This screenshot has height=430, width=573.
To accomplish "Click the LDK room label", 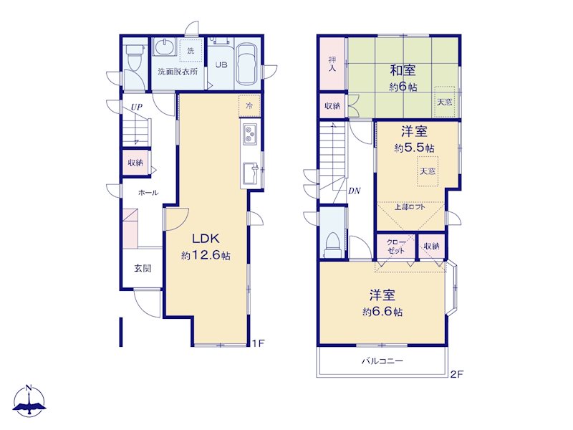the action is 206,239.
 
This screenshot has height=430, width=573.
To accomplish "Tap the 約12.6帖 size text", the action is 206,255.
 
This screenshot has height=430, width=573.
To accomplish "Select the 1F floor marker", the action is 258,343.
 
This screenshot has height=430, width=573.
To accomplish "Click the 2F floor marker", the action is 457,374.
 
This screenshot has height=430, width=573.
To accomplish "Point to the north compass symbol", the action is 29,401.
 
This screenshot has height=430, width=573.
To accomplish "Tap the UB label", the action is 221,64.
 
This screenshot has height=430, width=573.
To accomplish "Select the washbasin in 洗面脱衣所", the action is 164,47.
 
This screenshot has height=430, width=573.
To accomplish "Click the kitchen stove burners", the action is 250,133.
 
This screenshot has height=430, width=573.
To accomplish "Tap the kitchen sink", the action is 251,173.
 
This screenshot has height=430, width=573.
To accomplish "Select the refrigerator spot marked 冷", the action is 249,106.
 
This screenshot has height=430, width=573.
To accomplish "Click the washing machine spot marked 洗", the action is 191,50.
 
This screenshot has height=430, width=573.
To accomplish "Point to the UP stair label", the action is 137,107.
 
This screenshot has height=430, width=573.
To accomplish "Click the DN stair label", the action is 354,191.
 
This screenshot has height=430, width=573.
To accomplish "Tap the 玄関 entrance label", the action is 142,268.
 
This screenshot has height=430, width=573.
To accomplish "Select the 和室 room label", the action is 403,70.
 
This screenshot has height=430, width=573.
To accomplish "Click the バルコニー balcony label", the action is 382,361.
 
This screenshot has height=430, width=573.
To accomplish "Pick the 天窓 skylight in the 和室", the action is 445,102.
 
